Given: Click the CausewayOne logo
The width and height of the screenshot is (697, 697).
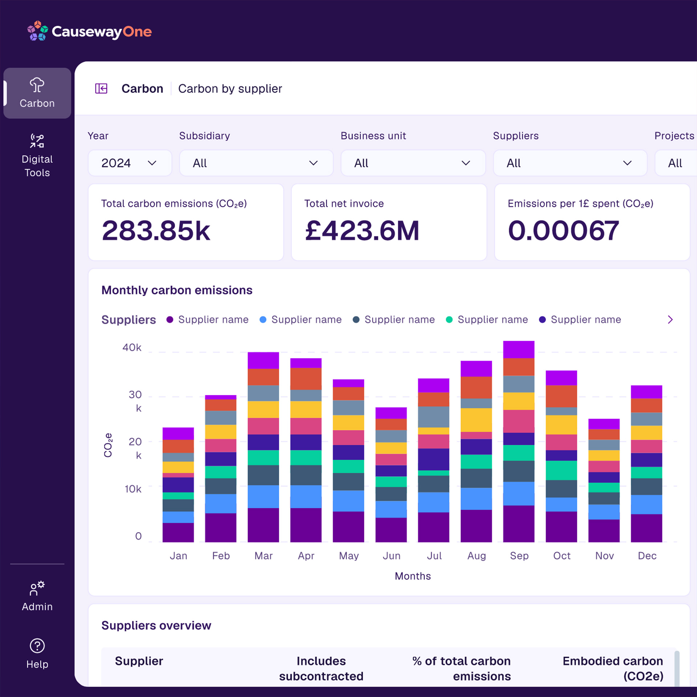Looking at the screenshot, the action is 89,31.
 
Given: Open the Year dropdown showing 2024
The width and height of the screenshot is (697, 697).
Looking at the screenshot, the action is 130,163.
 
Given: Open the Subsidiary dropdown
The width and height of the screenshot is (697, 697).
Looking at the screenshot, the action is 256,163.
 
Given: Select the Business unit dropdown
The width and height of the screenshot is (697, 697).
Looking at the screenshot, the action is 413,163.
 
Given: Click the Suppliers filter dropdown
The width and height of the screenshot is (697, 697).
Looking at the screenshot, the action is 570,163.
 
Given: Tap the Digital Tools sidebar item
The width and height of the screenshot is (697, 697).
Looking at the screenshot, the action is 37,155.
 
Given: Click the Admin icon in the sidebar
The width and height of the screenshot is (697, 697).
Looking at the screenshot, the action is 37,588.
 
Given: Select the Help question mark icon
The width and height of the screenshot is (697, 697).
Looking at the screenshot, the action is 37,646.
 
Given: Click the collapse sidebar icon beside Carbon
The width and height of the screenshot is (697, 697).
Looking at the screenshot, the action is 101,89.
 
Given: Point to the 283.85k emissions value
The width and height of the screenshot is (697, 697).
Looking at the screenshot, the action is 156,231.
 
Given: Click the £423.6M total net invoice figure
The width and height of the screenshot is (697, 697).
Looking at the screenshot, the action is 362,231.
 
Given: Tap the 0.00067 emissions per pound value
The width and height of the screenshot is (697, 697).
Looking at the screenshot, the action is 563,231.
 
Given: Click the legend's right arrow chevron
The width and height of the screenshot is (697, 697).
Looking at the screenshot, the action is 670,319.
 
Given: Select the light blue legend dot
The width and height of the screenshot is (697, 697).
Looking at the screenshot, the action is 263,319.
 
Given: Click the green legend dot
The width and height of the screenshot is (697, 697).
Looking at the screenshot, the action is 449,319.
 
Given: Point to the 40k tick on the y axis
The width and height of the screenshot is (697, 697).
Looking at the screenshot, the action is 132,347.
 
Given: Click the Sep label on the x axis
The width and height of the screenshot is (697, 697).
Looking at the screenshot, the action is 519,556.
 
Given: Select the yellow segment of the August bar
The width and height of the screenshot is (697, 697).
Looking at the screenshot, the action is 476,420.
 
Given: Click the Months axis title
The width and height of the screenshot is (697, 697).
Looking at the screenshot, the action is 413,576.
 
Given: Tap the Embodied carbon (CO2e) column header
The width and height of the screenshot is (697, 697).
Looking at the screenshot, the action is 613,669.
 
